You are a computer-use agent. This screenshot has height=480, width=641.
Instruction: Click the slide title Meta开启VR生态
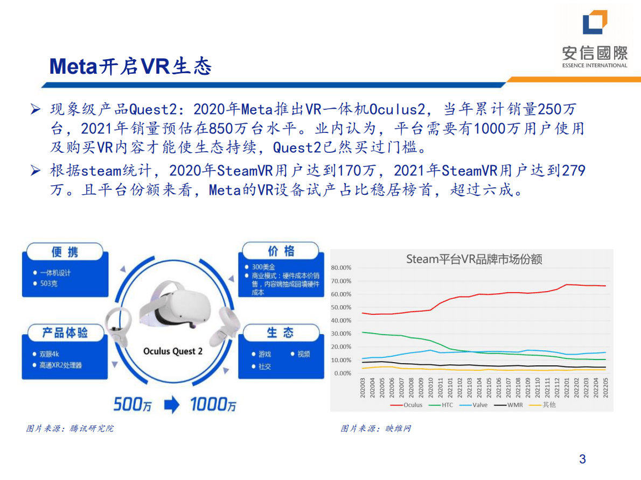[130, 66]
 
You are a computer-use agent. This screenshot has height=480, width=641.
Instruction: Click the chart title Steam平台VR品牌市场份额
[473, 259]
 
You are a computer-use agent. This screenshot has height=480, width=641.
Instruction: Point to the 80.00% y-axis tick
[340, 268]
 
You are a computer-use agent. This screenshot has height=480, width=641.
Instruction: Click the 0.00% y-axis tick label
[342, 373]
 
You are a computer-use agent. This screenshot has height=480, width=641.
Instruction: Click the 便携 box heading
[65, 252]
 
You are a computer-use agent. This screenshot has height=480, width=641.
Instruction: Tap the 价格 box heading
[281, 251]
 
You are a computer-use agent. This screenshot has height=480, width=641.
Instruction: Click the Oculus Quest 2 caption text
[173, 351]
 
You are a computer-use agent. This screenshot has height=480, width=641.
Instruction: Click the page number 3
[582, 459]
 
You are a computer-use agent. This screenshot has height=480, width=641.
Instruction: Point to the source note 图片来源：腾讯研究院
[70, 429]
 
